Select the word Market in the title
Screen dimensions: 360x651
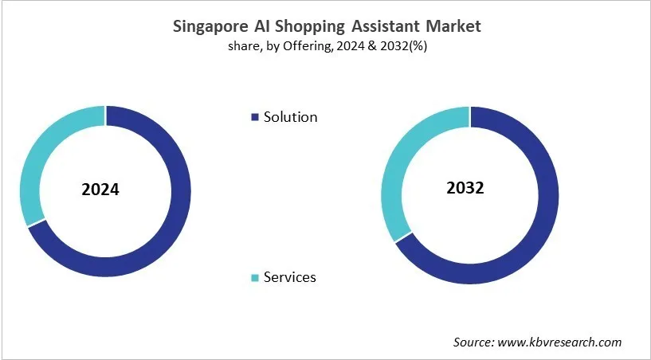click(453, 26)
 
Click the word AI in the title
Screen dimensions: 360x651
click(265, 26)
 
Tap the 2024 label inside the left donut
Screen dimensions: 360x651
click(100, 190)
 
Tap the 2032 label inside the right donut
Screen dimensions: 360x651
click(465, 189)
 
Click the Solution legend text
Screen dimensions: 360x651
click(290, 117)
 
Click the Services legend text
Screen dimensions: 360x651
click(289, 277)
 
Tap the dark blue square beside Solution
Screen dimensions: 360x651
click(255, 117)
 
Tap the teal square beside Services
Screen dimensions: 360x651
click(255, 278)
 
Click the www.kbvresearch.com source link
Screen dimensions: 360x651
click(560, 342)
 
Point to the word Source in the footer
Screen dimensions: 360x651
click(474, 342)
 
